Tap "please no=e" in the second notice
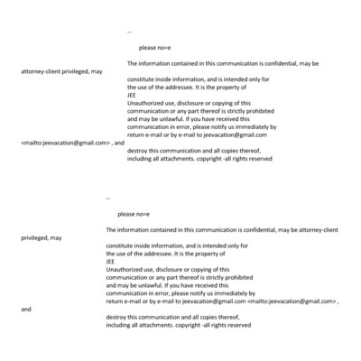(132, 213)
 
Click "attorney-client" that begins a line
(42, 71)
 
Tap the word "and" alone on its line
(25, 309)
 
